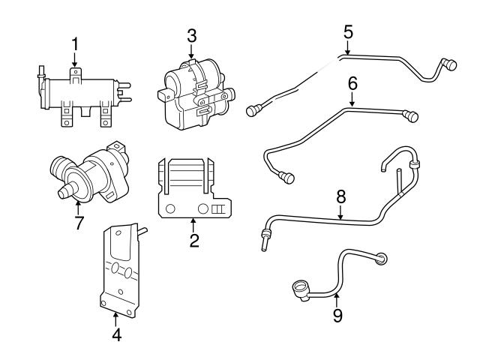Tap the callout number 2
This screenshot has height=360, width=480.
pos(193,241)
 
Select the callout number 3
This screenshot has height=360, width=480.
pos(192,34)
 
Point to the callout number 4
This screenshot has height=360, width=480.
pos(115,335)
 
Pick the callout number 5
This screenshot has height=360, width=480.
pos(347,32)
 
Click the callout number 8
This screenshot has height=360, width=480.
pos(340,196)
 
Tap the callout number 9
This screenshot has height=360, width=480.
pos(337,316)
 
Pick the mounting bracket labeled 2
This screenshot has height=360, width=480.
pos(193,191)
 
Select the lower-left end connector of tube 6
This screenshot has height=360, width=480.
pos(285,177)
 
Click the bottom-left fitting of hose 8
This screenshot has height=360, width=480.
pos(265,241)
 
